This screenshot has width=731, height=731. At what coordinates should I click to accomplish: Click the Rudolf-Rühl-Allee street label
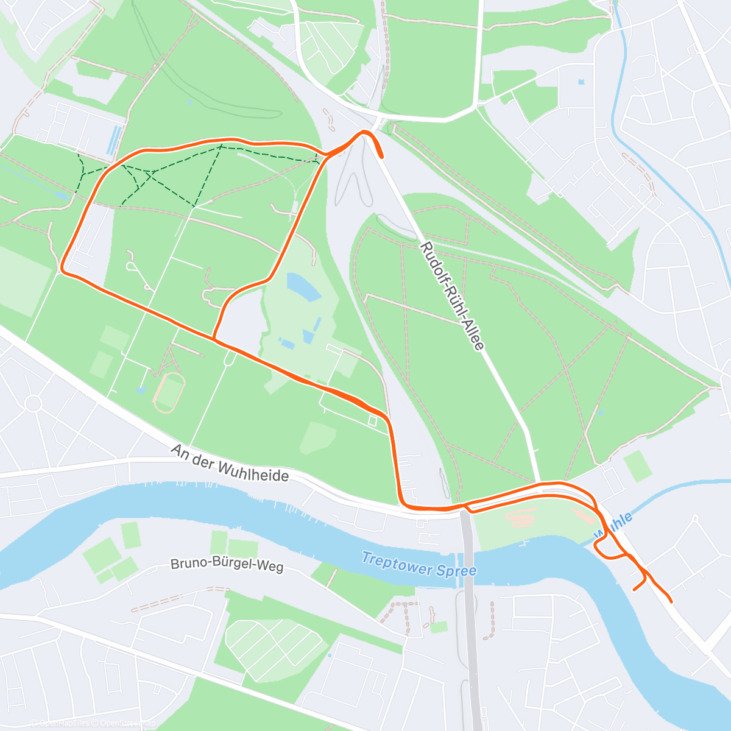(452, 297)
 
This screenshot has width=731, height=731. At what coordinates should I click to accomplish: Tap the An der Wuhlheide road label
(230, 463)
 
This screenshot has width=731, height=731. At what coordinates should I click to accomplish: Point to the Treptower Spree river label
(418, 564)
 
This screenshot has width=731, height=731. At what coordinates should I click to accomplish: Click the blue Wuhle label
(615, 525)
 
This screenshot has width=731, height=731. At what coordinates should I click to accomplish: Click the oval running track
(169, 392)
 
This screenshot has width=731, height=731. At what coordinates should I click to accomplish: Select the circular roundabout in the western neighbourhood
(33, 403)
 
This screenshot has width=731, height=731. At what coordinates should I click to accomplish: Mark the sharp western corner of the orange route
(63, 268)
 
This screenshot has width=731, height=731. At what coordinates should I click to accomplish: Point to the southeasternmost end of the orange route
(670, 601)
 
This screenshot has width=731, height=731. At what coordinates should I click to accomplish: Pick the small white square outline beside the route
(372, 420)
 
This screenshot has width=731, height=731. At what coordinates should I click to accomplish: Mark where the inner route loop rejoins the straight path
(214, 339)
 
